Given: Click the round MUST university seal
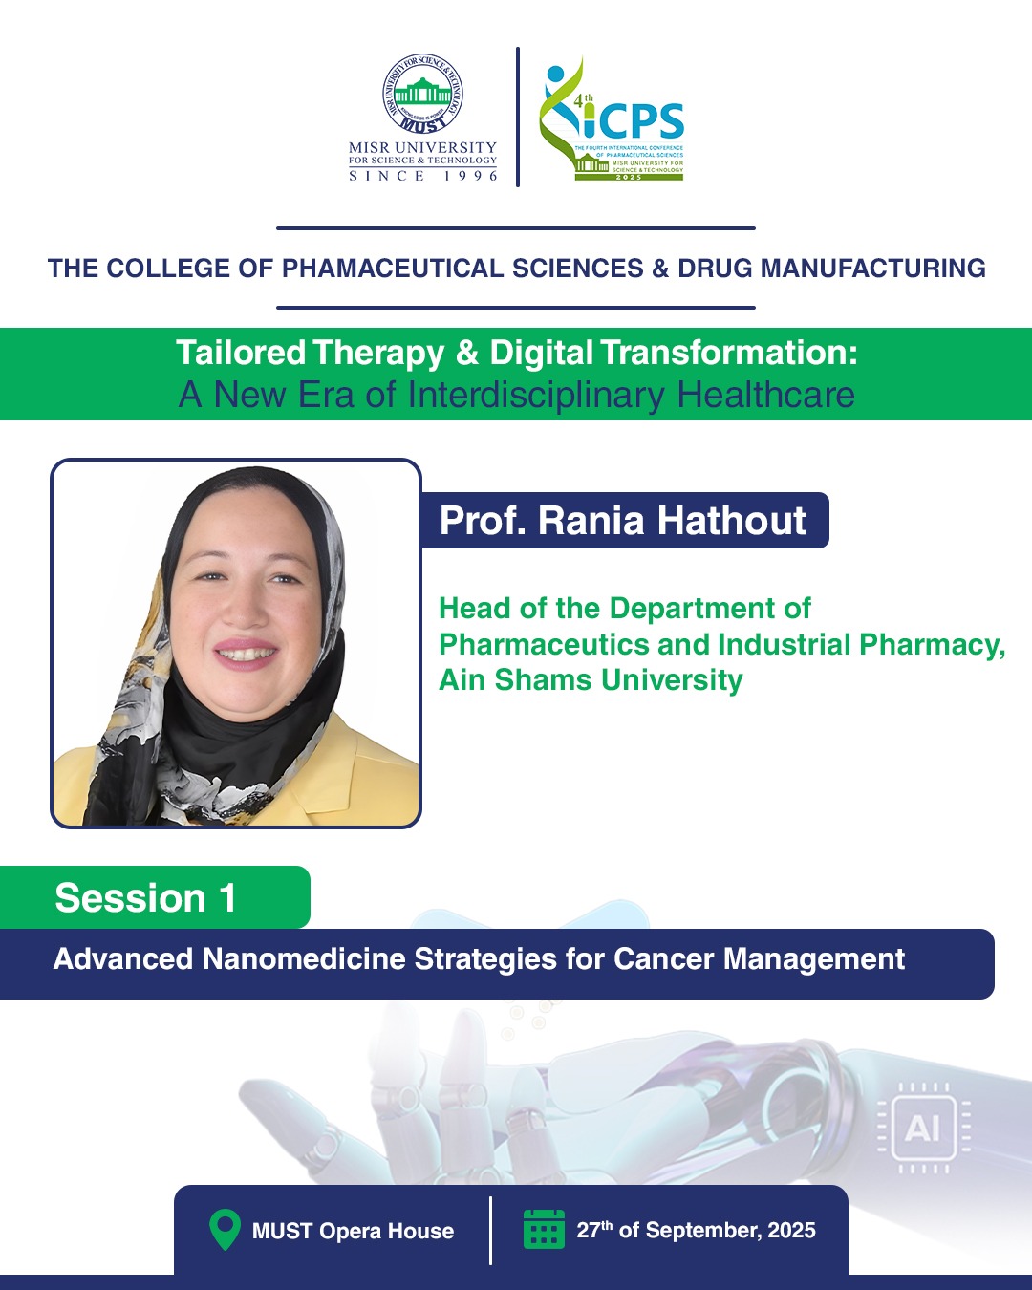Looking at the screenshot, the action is (x=422, y=93).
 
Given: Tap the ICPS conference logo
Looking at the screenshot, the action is (x=611, y=118).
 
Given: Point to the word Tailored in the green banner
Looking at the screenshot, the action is (x=241, y=352).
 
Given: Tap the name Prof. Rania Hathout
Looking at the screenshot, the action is (x=622, y=520).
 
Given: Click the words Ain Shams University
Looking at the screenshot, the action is (x=591, y=679).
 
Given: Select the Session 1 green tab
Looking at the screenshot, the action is (x=155, y=897).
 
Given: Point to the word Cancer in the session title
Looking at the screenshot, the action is (x=664, y=958).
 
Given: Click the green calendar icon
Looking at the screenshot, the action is (x=544, y=1230).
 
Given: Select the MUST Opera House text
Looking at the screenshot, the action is (x=353, y=1231).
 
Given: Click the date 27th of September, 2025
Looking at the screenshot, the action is (x=697, y=1230).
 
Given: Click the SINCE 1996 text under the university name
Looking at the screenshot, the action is (x=423, y=176).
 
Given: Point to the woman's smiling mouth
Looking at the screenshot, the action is (x=246, y=654).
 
